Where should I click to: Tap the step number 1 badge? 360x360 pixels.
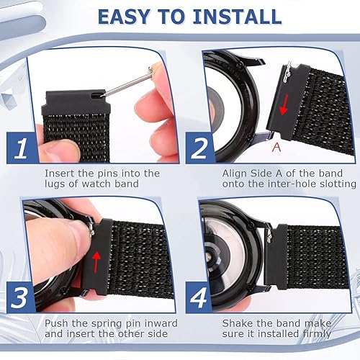(x=21, y=148)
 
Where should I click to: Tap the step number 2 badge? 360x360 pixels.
(x=198, y=148)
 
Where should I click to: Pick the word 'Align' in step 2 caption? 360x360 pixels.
(x=236, y=174)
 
